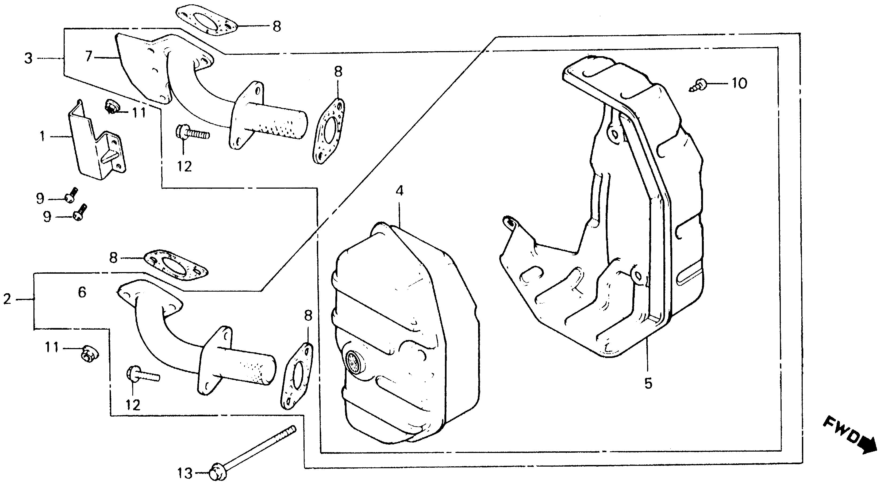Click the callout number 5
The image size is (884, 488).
[x=648, y=383]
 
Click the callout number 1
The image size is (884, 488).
[x=42, y=137]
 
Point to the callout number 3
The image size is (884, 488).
[x=28, y=58]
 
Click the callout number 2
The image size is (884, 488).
[x=7, y=299]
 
